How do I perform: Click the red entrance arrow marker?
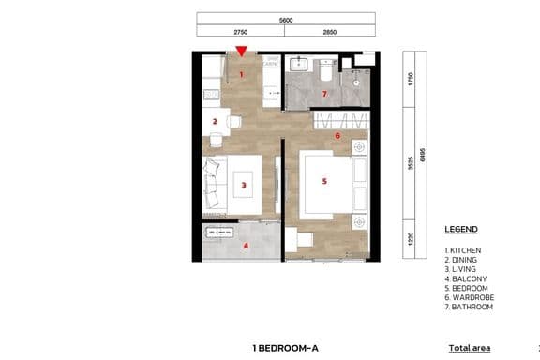pyautogui.click(x=242, y=52)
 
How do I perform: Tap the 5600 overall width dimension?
pyautogui.click(x=285, y=18)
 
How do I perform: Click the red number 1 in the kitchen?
pyautogui.click(x=241, y=73)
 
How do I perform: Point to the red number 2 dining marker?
pyautogui.click(x=215, y=121)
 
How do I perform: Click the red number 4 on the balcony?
pyautogui.click(x=246, y=247)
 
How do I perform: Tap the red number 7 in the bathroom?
pyautogui.click(x=324, y=94)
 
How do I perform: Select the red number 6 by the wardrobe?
pyautogui.click(x=337, y=136)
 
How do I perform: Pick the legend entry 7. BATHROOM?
pyautogui.click(x=469, y=307)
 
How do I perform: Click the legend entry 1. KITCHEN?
pyautogui.click(x=465, y=250)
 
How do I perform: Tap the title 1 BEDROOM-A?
pyautogui.click(x=285, y=348)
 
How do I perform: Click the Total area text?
pyautogui.click(x=469, y=348)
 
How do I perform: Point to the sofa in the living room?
pyautogui.click(x=214, y=183)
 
